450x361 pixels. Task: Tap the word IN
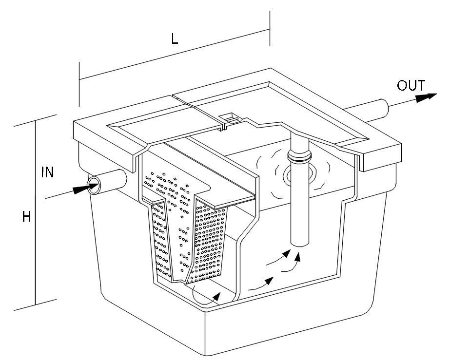(48, 172)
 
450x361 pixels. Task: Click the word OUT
(411, 86)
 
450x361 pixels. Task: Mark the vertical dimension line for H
(36, 214)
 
